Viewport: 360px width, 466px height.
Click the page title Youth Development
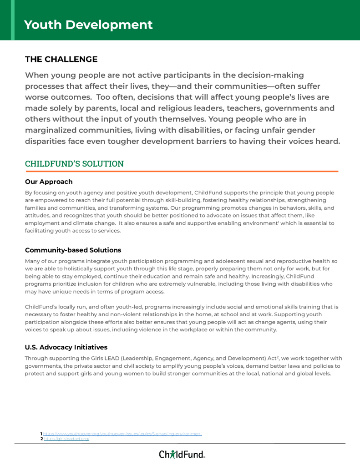click(88, 25)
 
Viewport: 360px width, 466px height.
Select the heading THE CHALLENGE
click(61, 59)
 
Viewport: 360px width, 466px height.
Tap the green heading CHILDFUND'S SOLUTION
click(74, 163)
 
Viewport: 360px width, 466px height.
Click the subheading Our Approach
click(49, 182)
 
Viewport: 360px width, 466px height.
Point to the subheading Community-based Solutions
click(73, 250)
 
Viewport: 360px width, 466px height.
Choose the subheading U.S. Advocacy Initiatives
click(66, 347)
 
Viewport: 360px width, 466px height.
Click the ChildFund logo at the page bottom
click(182, 454)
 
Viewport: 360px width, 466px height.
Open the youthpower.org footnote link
click(122, 434)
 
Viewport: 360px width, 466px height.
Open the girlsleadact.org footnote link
click(66, 439)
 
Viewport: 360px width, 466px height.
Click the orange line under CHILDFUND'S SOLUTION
click(182, 172)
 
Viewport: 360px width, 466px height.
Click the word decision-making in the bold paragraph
click(266, 75)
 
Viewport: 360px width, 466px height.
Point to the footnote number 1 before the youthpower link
click(41, 434)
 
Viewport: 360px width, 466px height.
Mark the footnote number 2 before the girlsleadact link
click(41, 439)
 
